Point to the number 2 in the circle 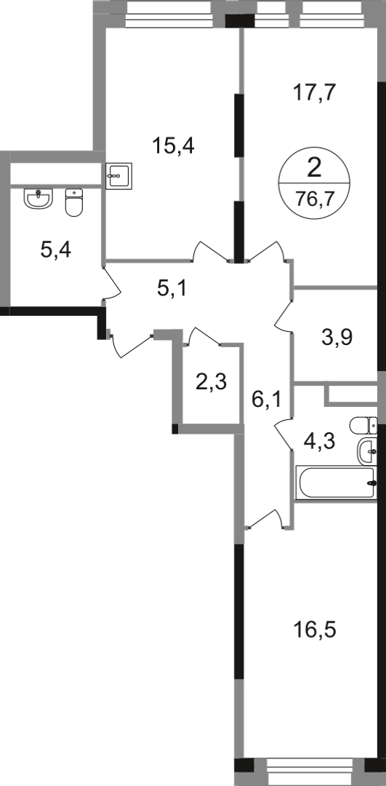pyautogui.click(x=314, y=168)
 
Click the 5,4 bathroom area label pyautogui.click(x=55, y=250)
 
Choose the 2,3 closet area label pyautogui.click(x=212, y=384)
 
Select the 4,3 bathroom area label pyautogui.click(x=318, y=442)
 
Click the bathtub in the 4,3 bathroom pyautogui.click(x=336, y=483)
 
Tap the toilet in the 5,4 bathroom pyautogui.click(x=74, y=202)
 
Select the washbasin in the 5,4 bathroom pyautogui.click(x=39, y=198)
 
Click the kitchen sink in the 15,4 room pyautogui.click(x=118, y=175)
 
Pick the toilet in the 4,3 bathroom pyautogui.click(x=363, y=426)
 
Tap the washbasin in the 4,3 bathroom pyautogui.click(x=367, y=450)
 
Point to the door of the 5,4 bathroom pyautogui.click(x=113, y=283)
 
